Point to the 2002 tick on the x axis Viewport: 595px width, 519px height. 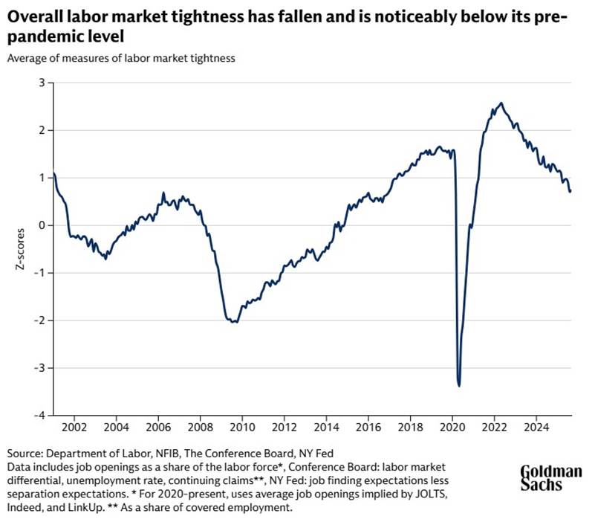(x=75, y=428)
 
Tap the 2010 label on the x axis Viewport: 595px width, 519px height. (x=240, y=428)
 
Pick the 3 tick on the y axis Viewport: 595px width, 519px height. (x=42, y=83)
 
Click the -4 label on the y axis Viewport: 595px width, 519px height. (x=39, y=415)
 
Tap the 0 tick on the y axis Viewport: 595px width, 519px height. (x=42, y=225)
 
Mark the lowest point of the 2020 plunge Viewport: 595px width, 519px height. (x=459, y=385)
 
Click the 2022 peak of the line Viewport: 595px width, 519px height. (x=501, y=103)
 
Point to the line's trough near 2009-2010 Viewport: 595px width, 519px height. (x=234, y=321)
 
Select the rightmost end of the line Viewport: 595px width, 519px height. (x=570, y=192)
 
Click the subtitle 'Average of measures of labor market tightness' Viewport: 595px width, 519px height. (x=122, y=59)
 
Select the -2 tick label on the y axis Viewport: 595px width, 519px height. (x=39, y=320)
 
